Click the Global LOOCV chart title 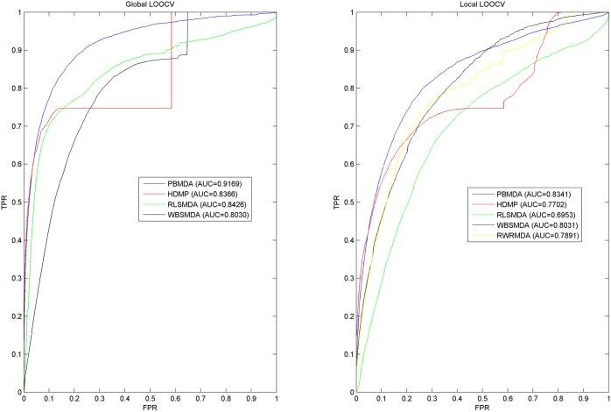click(150, 5)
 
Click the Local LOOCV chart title click(481, 5)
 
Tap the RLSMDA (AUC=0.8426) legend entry click(186, 203)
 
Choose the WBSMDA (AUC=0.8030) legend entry click(187, 215)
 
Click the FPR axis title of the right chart click(481, 407)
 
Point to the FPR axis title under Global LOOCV click(150, 407)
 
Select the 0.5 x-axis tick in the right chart click(481, 398)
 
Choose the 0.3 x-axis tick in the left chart click(99, 398)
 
